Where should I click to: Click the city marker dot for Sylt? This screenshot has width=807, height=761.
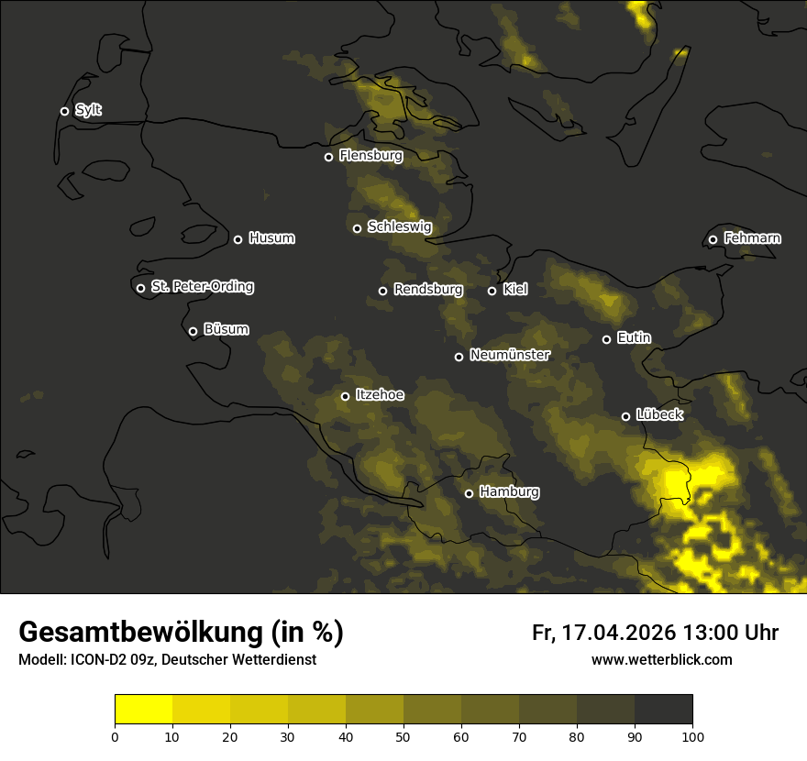[x=64, y=111]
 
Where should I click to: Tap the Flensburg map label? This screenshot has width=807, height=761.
[x=370, y=156]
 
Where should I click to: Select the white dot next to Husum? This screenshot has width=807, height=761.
[x=238, y=239]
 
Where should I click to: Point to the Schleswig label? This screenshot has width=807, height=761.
[x=399, y=227]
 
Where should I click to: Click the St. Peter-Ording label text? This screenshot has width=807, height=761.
[x=202, y=287]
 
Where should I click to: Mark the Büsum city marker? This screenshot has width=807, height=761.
[x=193, y=332]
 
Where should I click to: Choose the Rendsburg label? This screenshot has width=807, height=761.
[x=427, y=290]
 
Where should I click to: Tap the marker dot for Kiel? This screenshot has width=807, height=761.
[x=492, y=291]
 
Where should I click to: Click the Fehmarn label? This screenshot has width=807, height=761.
[x=752, y=238]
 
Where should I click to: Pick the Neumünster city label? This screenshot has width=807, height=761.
[x=510, y=355]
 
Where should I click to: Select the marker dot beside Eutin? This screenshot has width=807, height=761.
[x=606, y=339]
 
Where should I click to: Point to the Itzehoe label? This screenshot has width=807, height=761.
[x=380, y=395]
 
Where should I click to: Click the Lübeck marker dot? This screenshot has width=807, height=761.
[x=625, y=416]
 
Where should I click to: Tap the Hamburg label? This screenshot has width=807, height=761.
[x=509, y=492]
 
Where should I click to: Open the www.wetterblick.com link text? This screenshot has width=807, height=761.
[x=661, y=659]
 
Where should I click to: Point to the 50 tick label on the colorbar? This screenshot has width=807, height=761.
[x=403, y=736]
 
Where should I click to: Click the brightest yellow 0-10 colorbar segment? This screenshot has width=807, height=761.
[x=143, y=710]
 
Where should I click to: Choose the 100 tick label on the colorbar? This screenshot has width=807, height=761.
[x=692, y=736]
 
